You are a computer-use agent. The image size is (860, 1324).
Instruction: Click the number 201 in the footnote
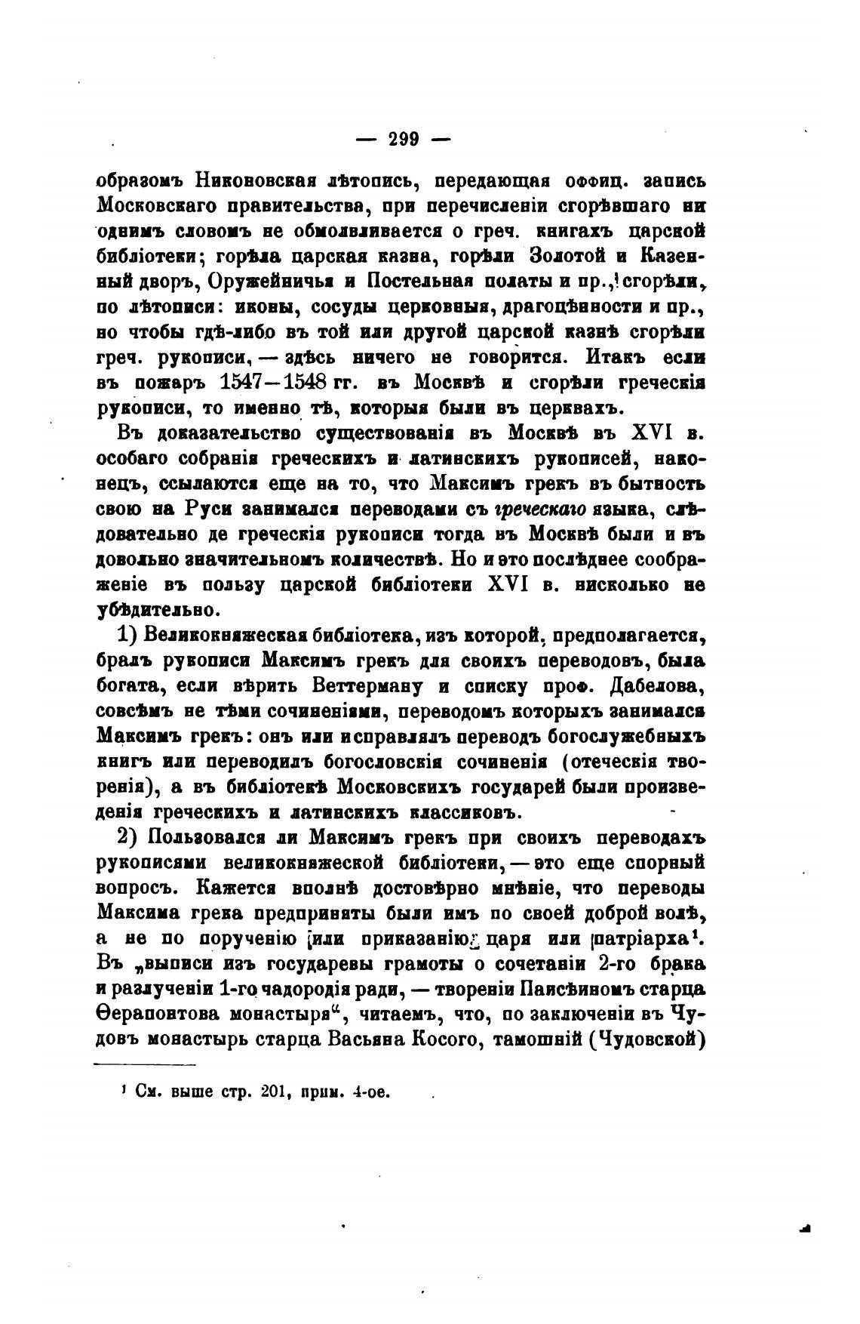coord(272,1092)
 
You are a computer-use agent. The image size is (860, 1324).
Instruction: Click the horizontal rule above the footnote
coord(144,1065)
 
